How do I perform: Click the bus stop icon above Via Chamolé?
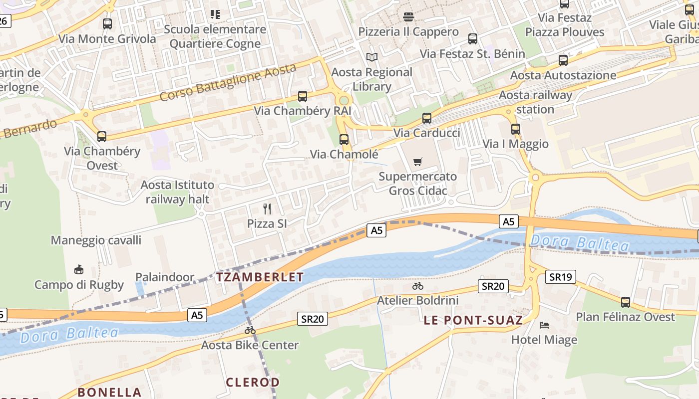[x=344, y=140]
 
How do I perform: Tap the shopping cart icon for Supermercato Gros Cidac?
[x=418, y=162]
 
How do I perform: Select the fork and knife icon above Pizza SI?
[x=267, y=208]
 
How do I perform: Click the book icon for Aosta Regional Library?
[x=372, y=57]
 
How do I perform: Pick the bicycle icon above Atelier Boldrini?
[x=418, y=286]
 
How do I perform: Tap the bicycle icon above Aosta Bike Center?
[x=250, y=330]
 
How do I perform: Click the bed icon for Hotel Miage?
[x=544, y=325]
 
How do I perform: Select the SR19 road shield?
[x=561, y=277]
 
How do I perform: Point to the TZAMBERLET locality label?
[x=260, y=277]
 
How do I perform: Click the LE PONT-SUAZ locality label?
[x=473, y=320]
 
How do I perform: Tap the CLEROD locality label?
[x=253, y=383]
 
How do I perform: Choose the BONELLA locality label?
[x=109, y=392]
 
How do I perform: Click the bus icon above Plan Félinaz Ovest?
[x=625, y=302]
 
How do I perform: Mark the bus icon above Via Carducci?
[x=426, y=118]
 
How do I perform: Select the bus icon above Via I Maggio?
[x=515, y=129]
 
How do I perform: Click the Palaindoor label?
[x=165, y=277]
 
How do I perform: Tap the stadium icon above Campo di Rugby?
[x=78, y=270]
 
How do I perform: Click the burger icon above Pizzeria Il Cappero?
[x=408, y=17]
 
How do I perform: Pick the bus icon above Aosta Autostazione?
[x=563, y=60]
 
